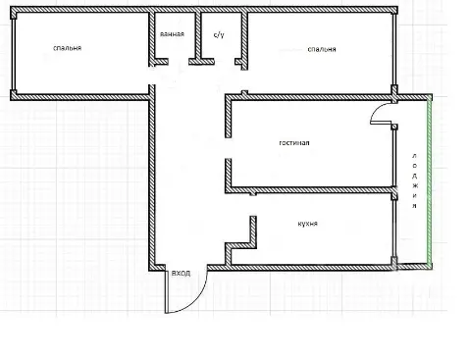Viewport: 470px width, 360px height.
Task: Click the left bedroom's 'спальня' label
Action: click(x=67, y=48)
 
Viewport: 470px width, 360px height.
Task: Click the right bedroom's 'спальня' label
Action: click(x=322, y=49)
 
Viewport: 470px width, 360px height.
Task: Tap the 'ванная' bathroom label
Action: click(x=172, y=34)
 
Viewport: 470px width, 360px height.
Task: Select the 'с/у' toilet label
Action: click(x=219, y=34)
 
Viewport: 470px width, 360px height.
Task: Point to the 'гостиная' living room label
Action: click(x=294, y=143)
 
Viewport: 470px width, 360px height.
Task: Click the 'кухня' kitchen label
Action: click(x=308, y=224)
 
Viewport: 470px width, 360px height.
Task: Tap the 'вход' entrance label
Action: click(x=181, y=273)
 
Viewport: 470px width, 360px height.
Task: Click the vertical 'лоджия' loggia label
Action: click(x=414, y=180)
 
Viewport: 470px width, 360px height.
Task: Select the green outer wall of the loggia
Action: click(x=430, y=181)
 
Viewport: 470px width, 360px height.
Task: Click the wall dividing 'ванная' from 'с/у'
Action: click(x=198, y=36)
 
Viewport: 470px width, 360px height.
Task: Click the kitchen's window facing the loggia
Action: click(x=394, y=229)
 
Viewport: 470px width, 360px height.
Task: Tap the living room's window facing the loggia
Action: click(x=394, y=158)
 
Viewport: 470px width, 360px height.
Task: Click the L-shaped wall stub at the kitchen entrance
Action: click(x=241, y=240)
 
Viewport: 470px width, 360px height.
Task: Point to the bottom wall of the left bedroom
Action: click(x=80, y=97)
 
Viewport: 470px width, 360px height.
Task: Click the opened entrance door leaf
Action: click(x=167, y=291)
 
